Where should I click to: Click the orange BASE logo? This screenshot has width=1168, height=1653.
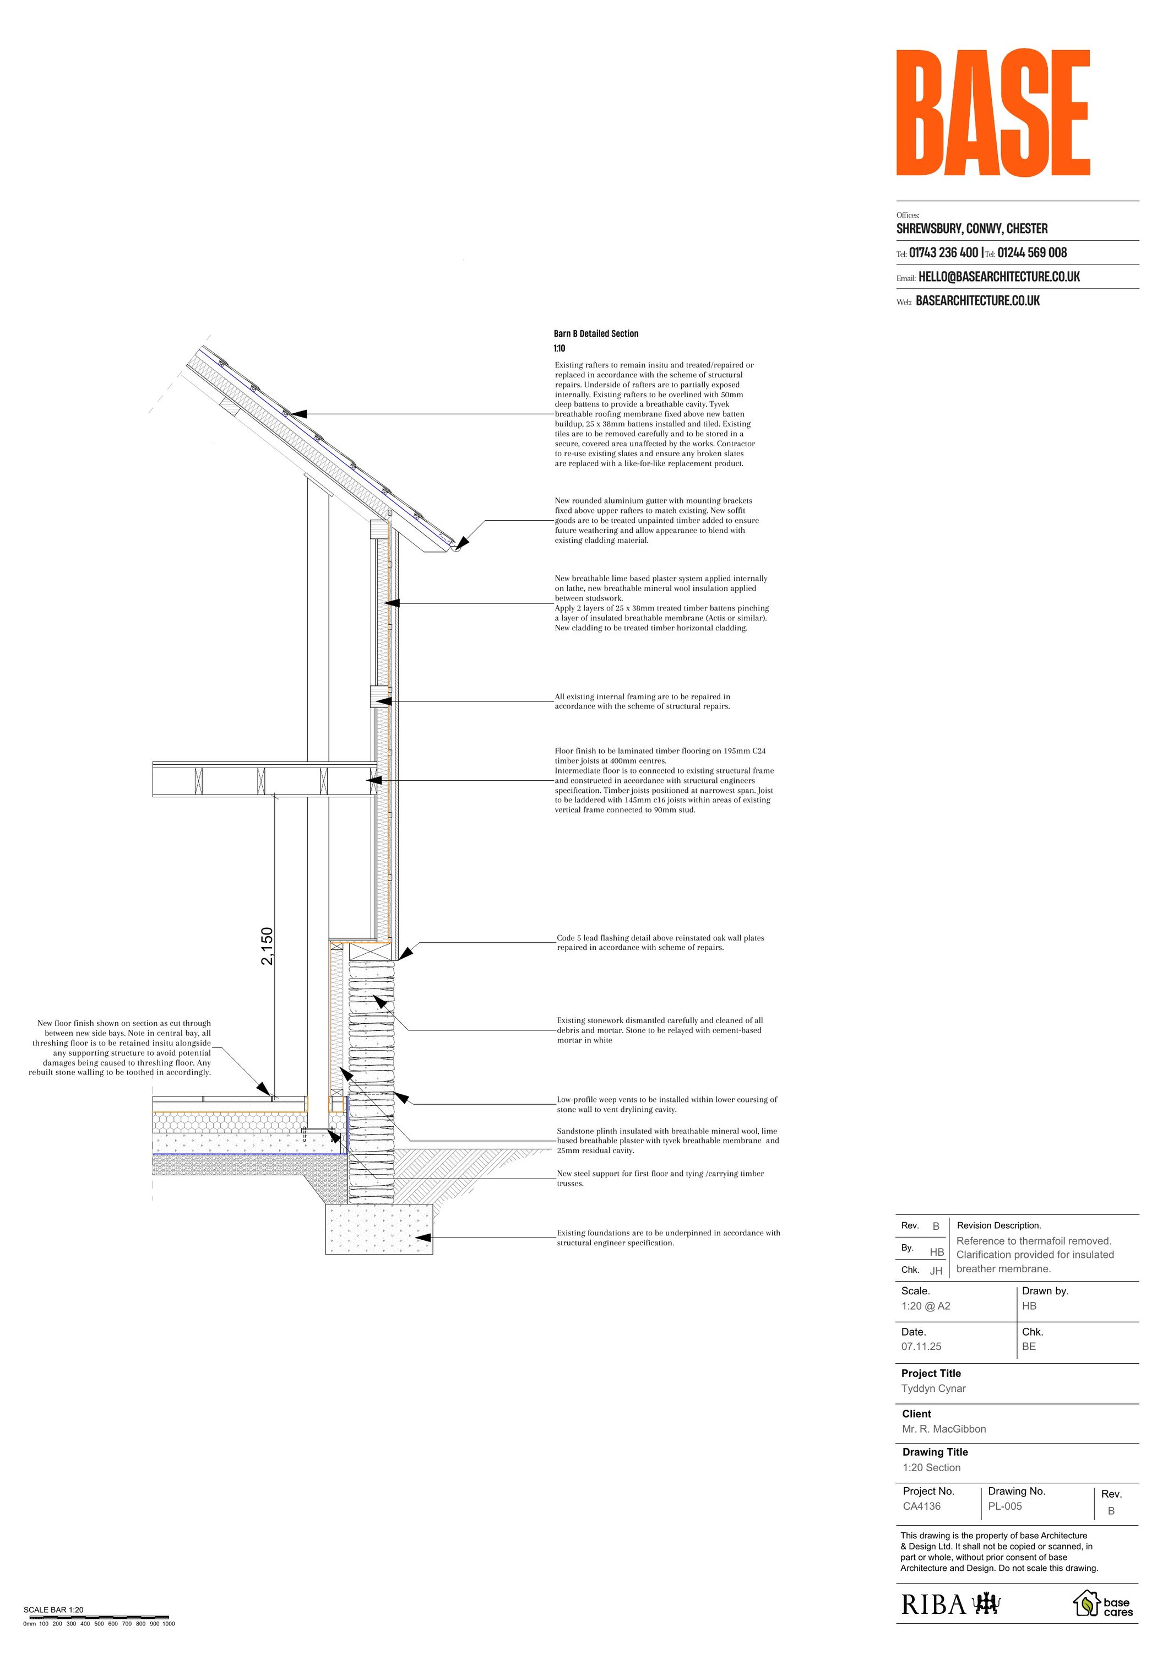(992, 113)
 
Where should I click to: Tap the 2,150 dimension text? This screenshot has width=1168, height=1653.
(267, 946)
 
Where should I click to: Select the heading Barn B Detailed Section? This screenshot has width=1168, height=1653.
(596, 334)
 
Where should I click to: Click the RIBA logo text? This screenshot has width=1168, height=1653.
(933, 1605)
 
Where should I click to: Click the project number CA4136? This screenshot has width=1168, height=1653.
(922, 1506)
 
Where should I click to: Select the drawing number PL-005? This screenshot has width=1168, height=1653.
(1004, 1506)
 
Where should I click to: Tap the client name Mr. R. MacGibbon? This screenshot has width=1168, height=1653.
(943, 1429)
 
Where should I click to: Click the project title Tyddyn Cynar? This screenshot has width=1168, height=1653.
(933, 1389)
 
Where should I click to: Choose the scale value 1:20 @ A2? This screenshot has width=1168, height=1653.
(926, 1306)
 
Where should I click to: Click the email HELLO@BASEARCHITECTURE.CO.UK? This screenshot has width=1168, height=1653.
(999, 277)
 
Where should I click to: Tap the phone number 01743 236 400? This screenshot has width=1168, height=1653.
(943, 253)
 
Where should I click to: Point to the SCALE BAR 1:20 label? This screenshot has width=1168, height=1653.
(53, 1610)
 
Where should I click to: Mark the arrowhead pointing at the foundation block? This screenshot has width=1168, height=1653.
(423, 1238)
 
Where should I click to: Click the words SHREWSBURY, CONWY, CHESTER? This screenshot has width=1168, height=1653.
(971, 229)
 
